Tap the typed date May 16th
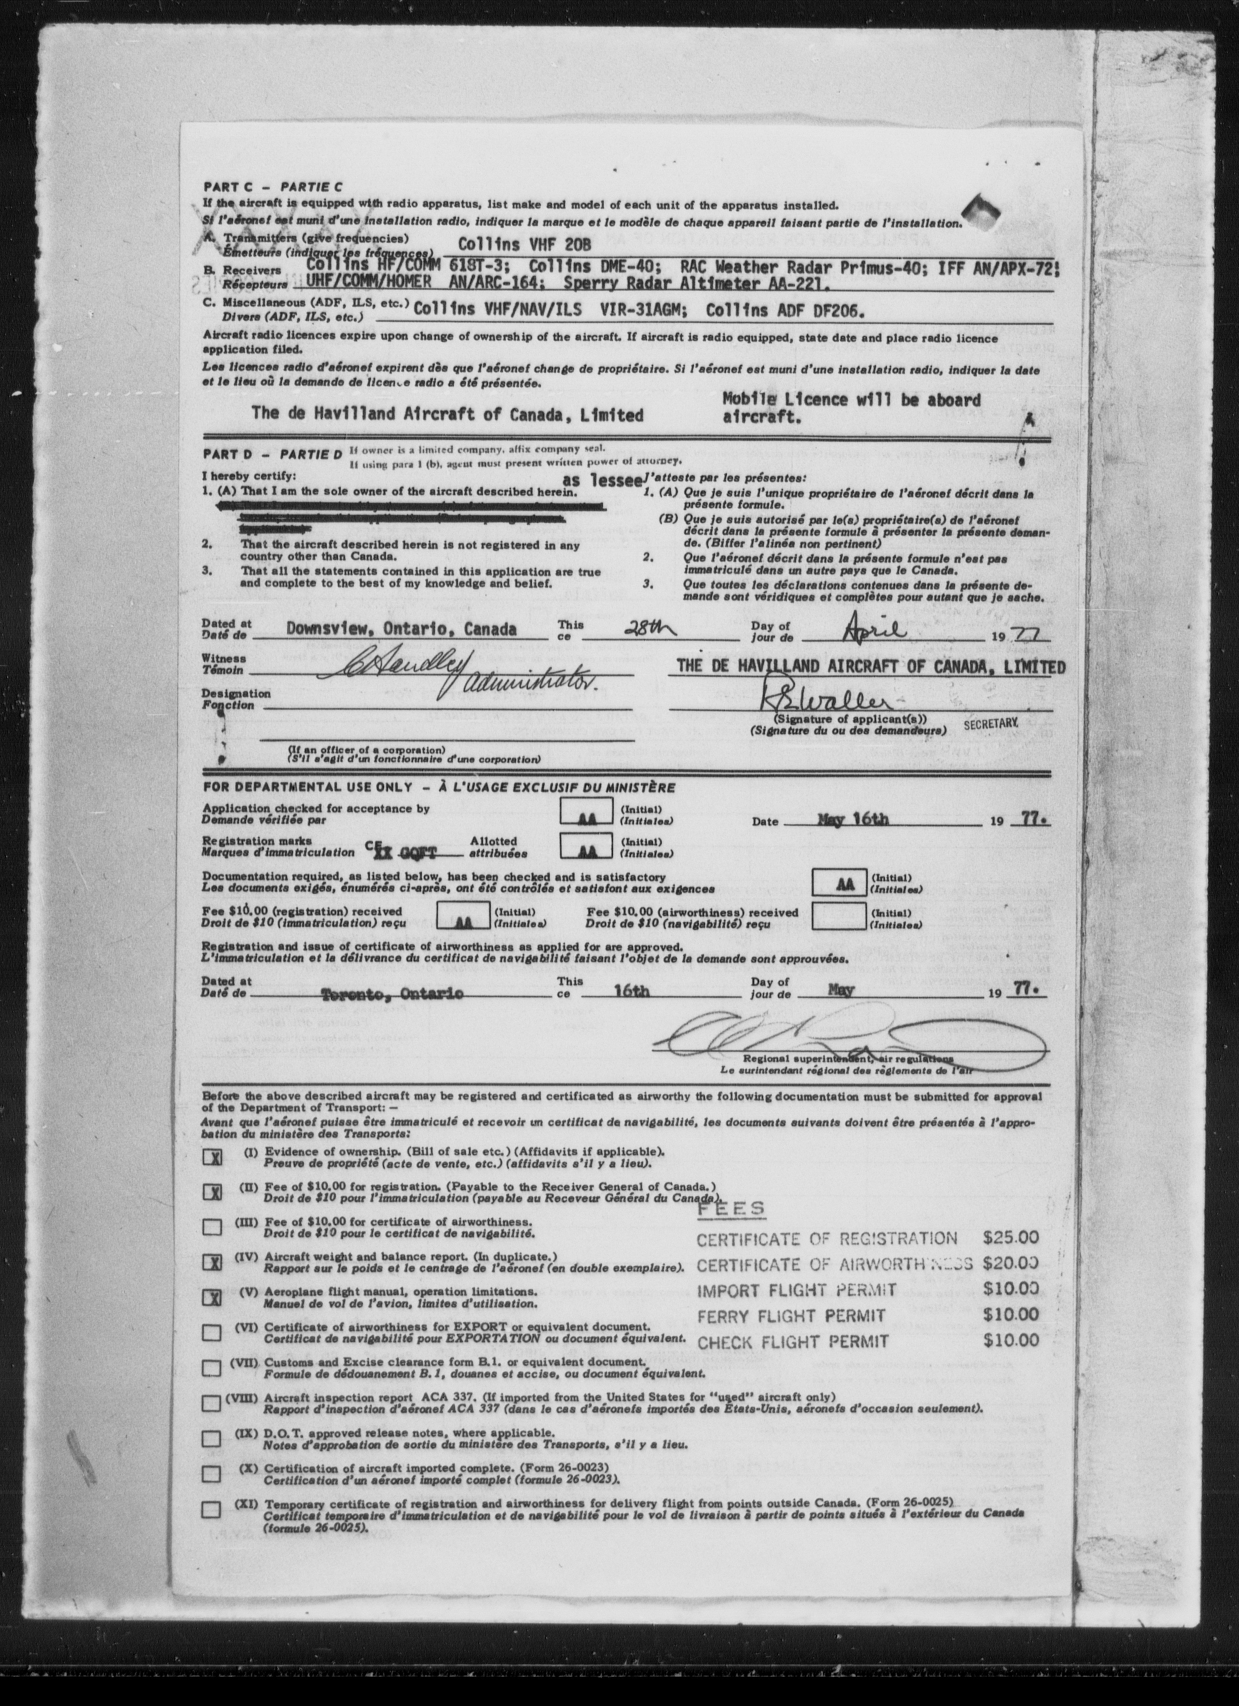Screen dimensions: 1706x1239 [852, 820]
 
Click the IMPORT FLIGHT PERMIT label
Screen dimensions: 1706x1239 [796, 1291]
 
